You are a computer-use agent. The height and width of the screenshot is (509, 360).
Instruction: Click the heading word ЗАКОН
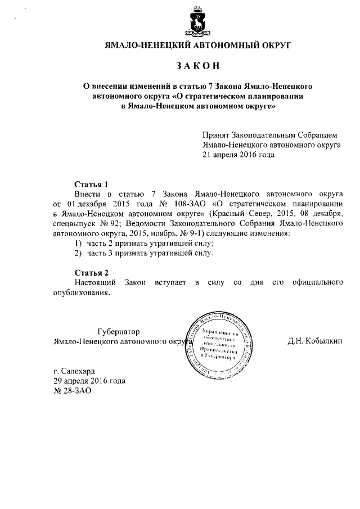tap(196, 66)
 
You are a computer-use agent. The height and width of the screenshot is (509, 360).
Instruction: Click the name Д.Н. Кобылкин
tap(314, 341)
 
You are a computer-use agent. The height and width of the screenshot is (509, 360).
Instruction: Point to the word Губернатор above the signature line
tap(118, 332)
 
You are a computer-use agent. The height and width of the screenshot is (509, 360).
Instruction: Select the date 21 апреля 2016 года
tap(239, 154)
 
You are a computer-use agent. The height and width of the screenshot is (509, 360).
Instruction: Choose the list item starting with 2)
tap(144, 253)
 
